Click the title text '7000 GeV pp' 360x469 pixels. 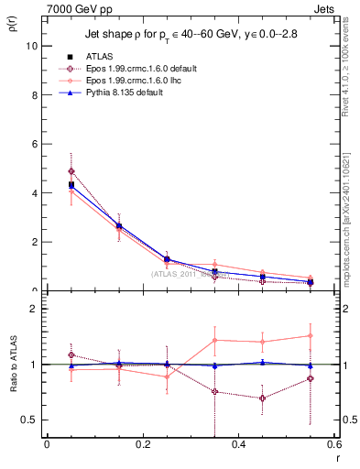point(71,7)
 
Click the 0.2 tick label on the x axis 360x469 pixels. point(142,446)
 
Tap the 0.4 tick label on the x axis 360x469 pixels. point(238,446)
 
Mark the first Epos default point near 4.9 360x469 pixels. point(71,171)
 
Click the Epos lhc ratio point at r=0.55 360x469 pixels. point(311,336)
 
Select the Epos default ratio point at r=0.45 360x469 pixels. point(263,398)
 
